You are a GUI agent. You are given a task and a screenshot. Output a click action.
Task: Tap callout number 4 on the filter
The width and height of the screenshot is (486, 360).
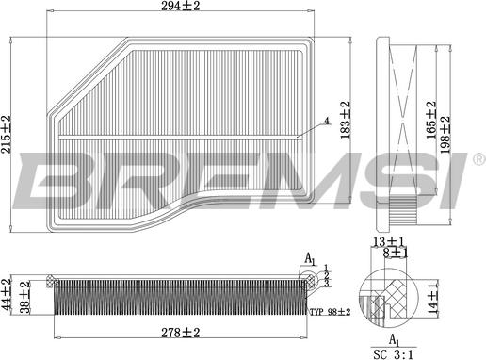327,121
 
